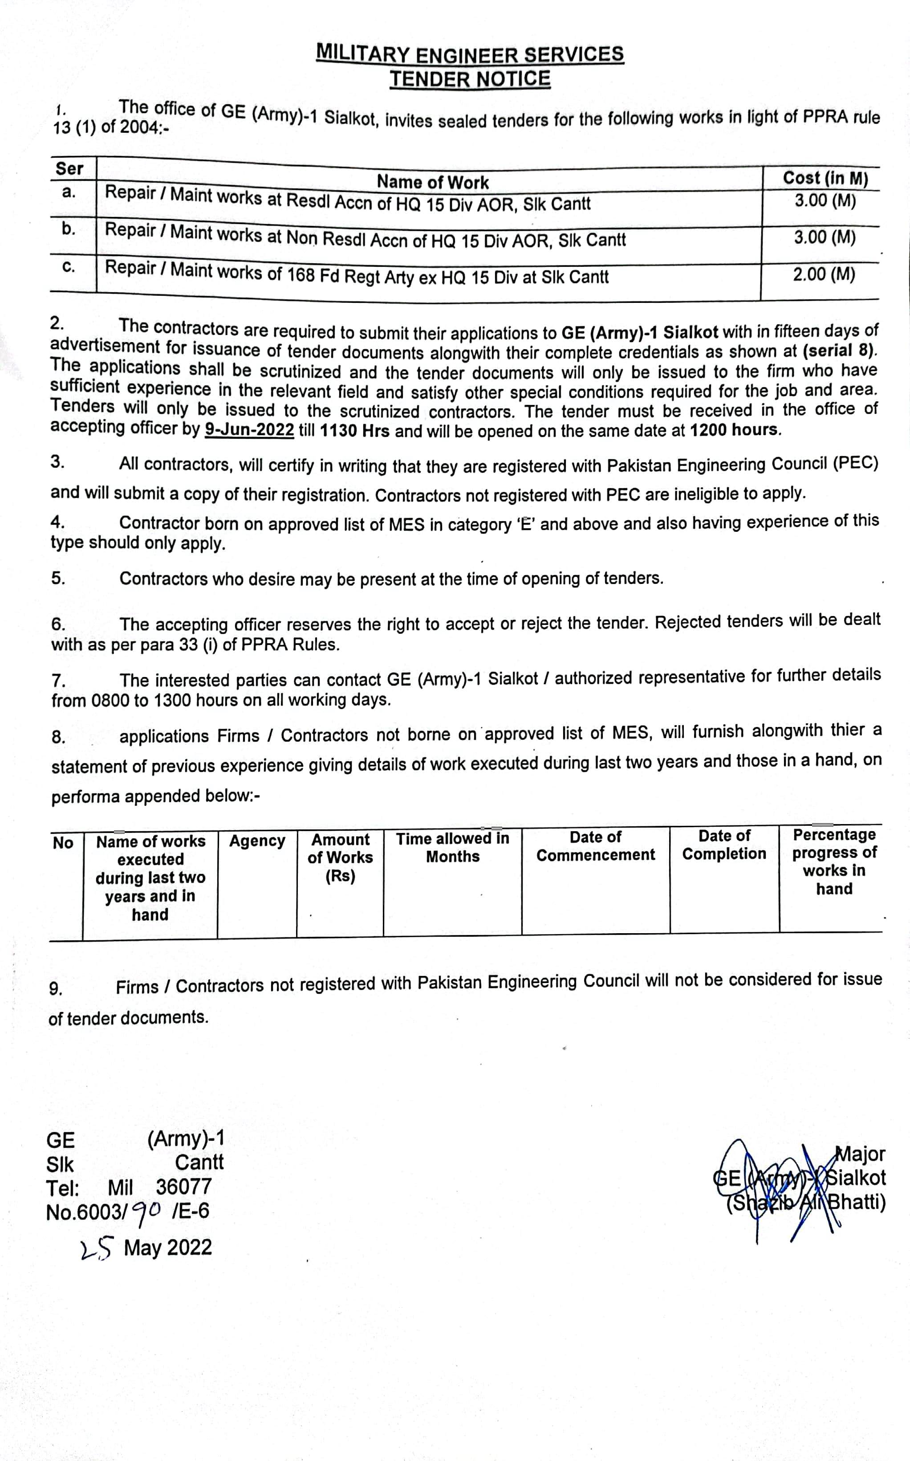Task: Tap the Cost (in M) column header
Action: [825, 178]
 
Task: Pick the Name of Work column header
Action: [432, 182]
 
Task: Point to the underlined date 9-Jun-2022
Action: [249, 430]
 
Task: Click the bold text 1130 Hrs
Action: [354, 431]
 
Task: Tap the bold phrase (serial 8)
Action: [840, 351]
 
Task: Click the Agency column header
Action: [257, 841]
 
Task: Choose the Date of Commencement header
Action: [595, 846]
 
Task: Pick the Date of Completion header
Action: [724, 845]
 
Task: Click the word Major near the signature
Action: [861, 1154]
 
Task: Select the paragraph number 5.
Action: [58, 579]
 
